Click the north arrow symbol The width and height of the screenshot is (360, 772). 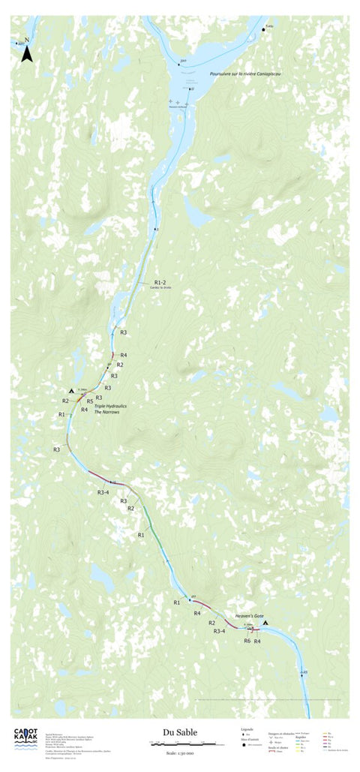pos(26,52)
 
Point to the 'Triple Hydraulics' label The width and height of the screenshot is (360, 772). pos(110,405)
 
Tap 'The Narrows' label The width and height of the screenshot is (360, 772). pos(107,413)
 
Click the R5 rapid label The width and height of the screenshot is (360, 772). pos(89,401)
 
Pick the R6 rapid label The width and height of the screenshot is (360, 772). pos(247,641)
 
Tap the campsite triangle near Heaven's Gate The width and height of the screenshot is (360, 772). pos(265,622)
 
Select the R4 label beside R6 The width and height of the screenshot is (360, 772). pos(257,641)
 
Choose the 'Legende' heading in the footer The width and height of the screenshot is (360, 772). pos(247,728)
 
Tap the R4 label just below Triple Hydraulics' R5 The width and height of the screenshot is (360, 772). pos(85,410)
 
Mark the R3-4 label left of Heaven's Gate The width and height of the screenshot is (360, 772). pos(220,632)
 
